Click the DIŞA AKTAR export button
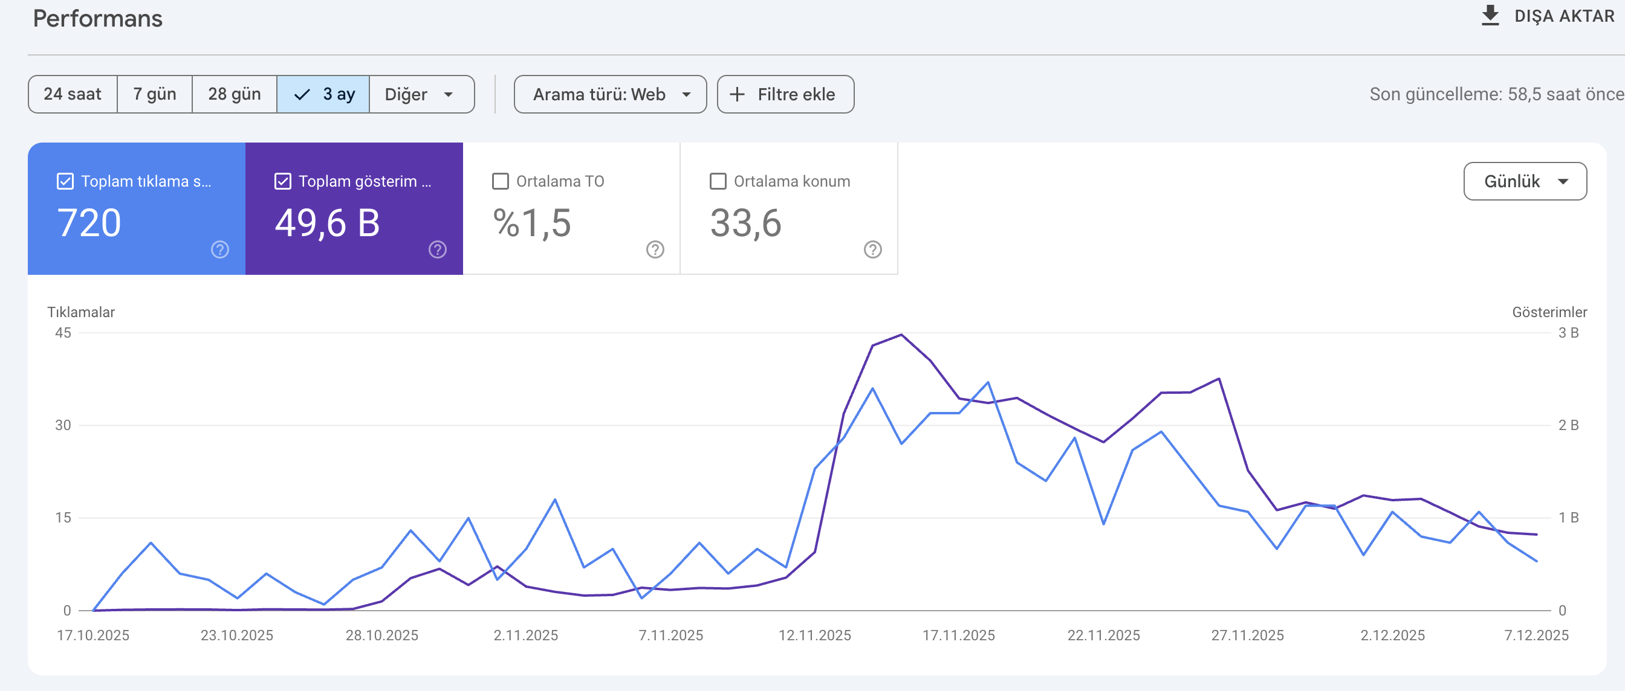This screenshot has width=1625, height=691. pyautogui.click(x=1548, y=16)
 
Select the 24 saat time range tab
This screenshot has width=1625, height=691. pyautogui.click(x=73, y=94)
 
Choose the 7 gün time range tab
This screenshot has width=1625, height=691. pyautogui.click(x=155, y=94)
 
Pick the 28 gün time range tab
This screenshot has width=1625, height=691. pyautogui.click(x=234, y=94)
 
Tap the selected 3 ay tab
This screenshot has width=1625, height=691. pyautogui.click(x=323, y=94)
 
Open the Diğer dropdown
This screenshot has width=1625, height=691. pyautogui.click(x=421, y=94)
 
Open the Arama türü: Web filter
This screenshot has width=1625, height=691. pyautogui.click(x=610, y=94)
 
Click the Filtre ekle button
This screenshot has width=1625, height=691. pyautogui.click(x=785, y=94)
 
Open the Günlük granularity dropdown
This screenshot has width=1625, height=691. pyautogui.click(x=1525, y=181)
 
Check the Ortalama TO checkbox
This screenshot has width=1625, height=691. pyautogui.click(x=500, y=182)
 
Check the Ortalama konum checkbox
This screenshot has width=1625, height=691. pyautogui.click(x=718, y=182)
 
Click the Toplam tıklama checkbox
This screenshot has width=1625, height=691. pyautogui.click(x=65, y=182)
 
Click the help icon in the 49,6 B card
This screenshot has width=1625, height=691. pyautogui.click(x=437, y=249)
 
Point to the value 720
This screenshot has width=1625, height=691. pyautogui.click(x=89, y=223)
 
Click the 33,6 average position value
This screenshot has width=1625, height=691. pyautogui.click(x=745, y=223)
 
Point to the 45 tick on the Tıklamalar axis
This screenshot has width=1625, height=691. pyautogui.click(x=63, y=333)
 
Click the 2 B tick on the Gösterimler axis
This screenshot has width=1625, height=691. pyautogui.click(x=1568, y=425)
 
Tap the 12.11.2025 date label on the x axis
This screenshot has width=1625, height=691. pyautogui.click(x=814, y=635)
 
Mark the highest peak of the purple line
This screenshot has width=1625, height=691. pyautogui.click(x=901, y=334)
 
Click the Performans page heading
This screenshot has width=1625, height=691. pyautogui.click(x=98, y=18)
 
